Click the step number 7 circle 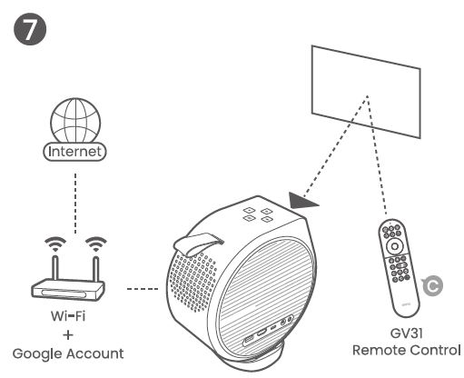(x=30, y=29)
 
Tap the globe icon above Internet (x=75, y=120)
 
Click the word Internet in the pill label (x=74, y=152)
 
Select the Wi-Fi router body (x=68, y=290)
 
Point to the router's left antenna (x=55, y=268)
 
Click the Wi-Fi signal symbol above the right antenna (x=96, y=244)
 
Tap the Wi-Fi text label (x=68, y=316)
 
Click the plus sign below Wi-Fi (x=68, y=335)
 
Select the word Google (x=37, y=354)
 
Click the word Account (x=95, y=353)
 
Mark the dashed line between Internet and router (x=75, y=204)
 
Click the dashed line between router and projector (x=143, y=289)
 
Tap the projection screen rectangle (x=366, y=92)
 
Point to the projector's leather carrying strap (x=198, y=244)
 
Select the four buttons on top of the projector (x=258, y=214)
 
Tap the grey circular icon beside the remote (x=433, y=285)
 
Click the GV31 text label (x=406, y=333)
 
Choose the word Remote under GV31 (x=380, y=350)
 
